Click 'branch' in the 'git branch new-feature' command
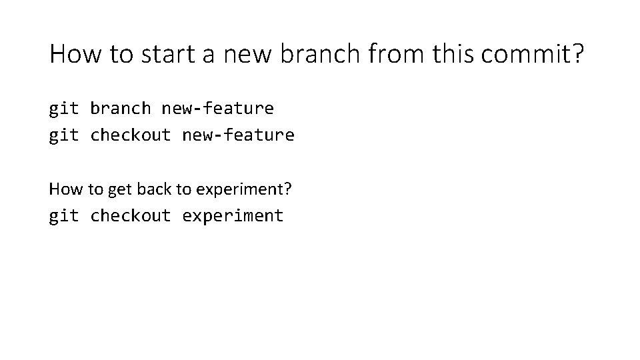pyautogui.click(x=120, y=108)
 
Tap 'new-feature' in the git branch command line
pyautogui.click(x=217, y=108)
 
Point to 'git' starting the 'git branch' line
pyautogui.click(x=64, y=108)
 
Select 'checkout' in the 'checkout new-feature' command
pyautogui.click(x=131, y=135)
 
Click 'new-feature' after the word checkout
pyautogui.click(x=238, y=135)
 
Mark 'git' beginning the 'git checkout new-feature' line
pyautogui.click(x=64, y=135)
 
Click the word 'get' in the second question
pyautogui.click(x=120, y=189)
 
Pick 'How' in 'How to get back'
pyautogui.click(x=65, y=189)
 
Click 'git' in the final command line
pyautogui.click(x=64, y=216)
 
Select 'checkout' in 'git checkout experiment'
pyautogui.click(x=131, y=216)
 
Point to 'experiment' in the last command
pyautogui.click(x=233, y=217)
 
